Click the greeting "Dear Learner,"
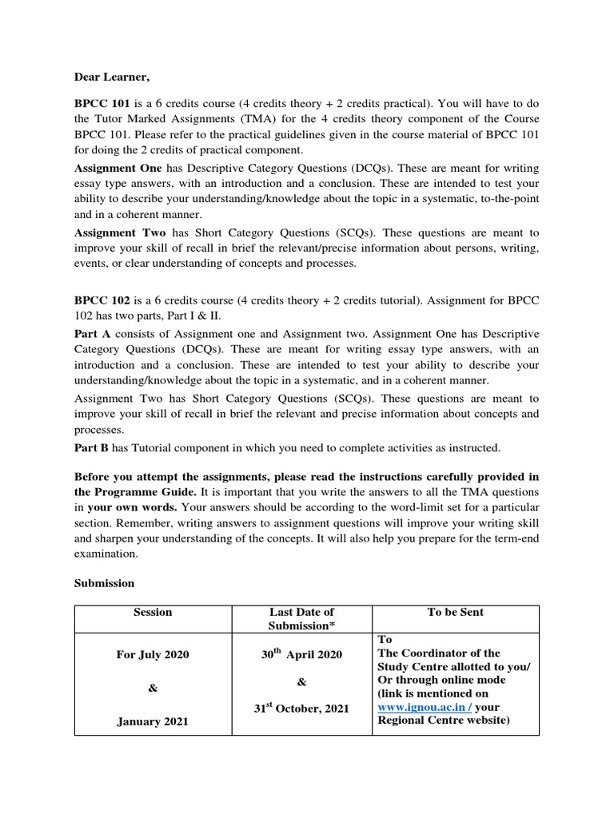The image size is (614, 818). [112, 77]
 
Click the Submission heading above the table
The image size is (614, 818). [105, 583]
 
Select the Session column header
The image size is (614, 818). [153, 613]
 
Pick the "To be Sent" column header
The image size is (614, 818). [455, 613]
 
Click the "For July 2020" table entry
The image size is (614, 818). [153, 654]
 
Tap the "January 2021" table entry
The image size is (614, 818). [153, 721]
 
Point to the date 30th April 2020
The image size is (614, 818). [301, 654]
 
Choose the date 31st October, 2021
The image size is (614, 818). [301, 709]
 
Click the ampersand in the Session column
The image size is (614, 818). [153, 688]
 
